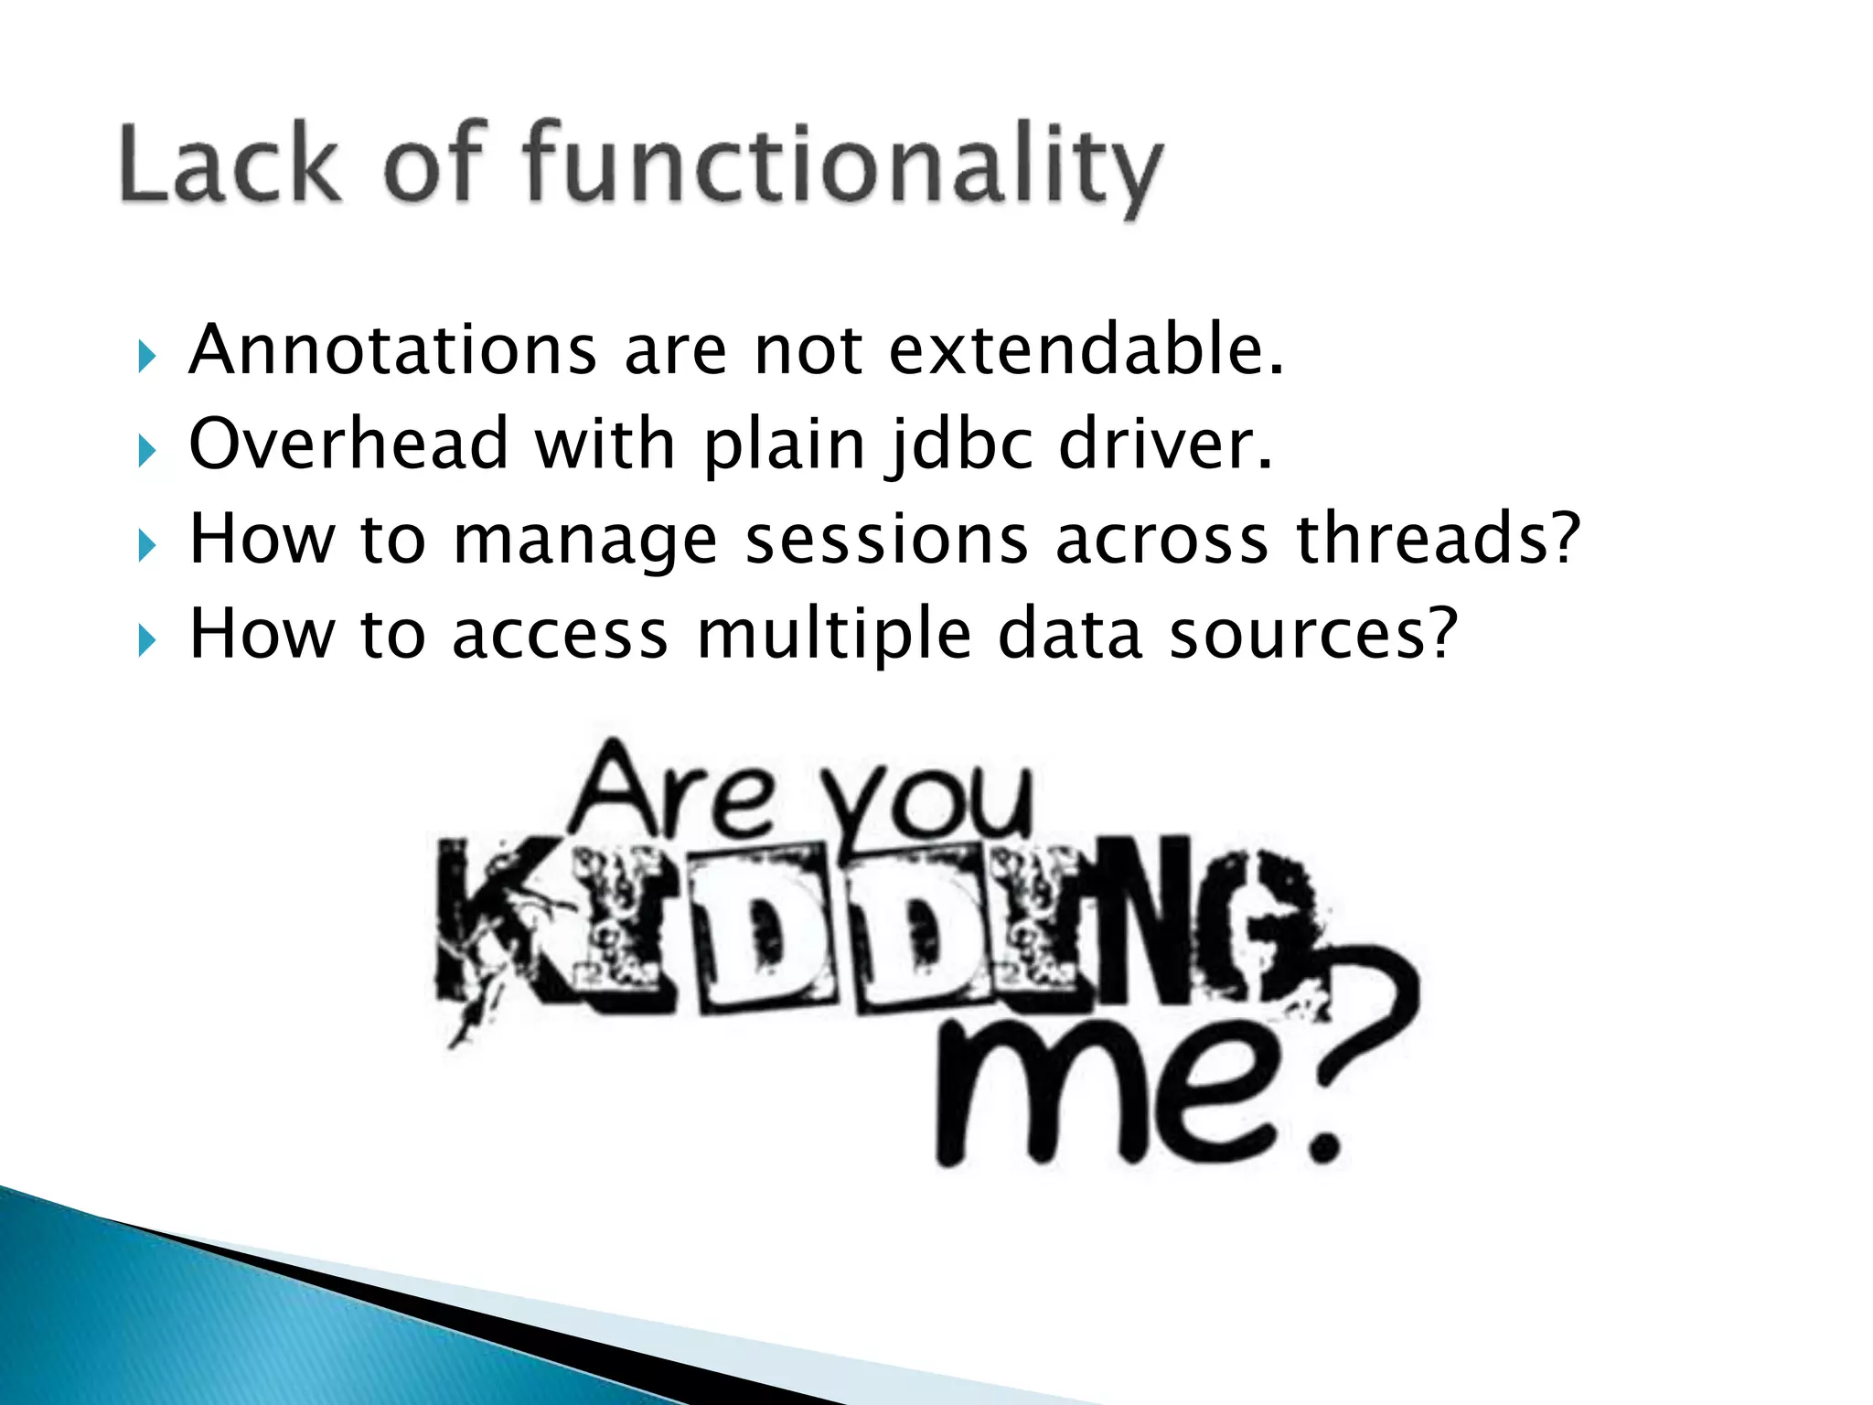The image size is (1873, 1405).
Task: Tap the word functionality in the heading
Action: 841,169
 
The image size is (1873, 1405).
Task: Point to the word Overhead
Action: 348,445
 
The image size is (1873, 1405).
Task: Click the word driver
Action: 1165,445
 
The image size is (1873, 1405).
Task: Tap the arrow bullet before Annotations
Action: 146,357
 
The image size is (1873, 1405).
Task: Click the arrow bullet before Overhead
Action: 146,451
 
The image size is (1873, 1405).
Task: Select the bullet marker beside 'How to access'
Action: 146,640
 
